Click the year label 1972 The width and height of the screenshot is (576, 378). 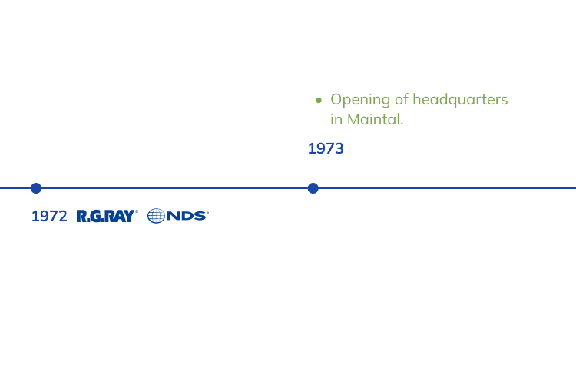coord(49,216)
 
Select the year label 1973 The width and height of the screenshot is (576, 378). coord(326,148)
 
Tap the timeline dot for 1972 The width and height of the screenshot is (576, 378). coord(36,188)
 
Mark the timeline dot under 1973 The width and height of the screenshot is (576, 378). coord(313,188)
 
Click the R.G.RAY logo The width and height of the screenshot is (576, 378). coord(107,216)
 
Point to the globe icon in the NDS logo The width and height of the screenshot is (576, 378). coord(157,216)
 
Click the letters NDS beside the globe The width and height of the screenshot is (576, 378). coord(187,216)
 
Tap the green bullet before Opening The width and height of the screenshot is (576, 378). coord(318,100)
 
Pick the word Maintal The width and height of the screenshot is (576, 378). coord(375,120)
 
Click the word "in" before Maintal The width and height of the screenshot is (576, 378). coord(336,120)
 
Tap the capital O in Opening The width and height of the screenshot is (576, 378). coord(336,100)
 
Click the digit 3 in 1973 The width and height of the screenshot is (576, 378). coord(339,148)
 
